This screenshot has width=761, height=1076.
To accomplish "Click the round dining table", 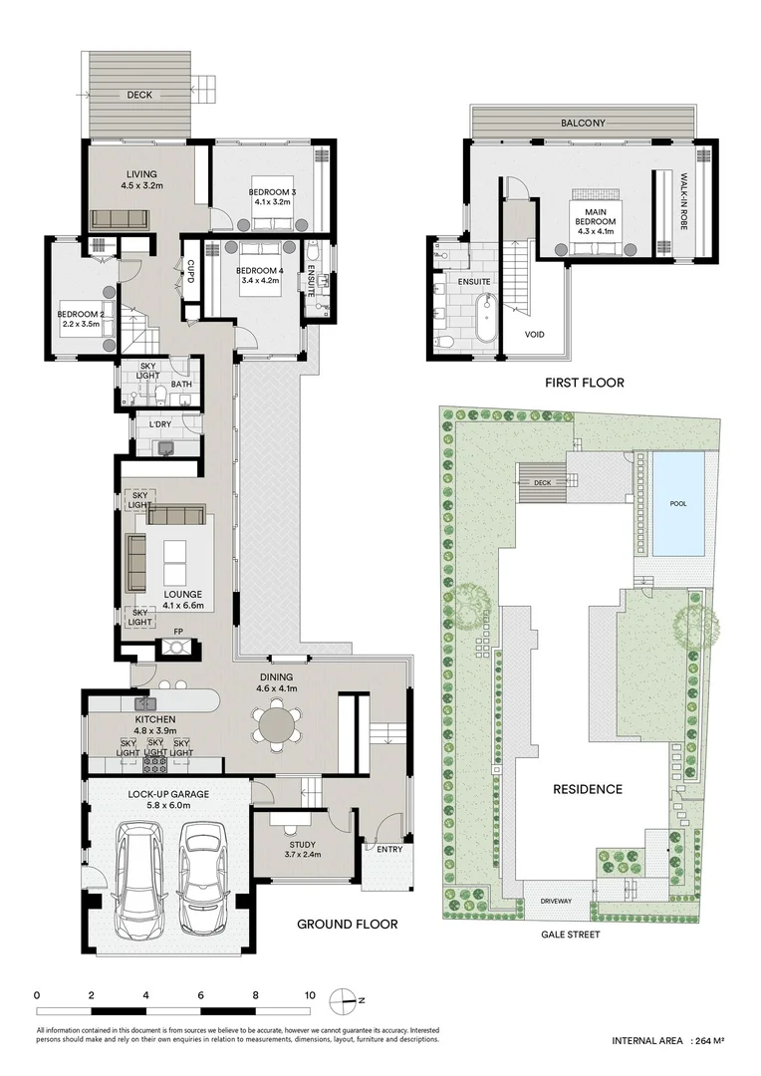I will pyautogui.click(x=276, y=724).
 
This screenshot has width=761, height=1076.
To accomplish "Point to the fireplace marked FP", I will pyautogui.click(x=177, y=647).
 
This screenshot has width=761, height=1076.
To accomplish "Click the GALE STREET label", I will pyautogui.click(x=570, y=936).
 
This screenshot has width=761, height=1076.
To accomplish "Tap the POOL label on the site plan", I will pyautogui.click(x=677, y=504).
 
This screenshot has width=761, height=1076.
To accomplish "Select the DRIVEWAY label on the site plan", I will pyautogui.click(x=556, y=901).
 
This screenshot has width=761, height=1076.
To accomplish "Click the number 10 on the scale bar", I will pyautogui.click(x=310, y=995).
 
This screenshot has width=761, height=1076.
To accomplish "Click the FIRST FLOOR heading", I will pyautogui.click(x=583, y=382).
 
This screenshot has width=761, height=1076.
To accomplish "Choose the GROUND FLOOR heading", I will pyautogui.click(x=348, y=925).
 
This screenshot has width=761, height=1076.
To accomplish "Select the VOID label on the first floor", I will pyautogui.click(x=534, y=334).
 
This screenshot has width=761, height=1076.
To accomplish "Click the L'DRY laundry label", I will pyautogui.click(x=162, y=425).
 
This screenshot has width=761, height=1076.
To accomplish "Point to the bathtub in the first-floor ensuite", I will pyautogui.click(x=485, y=318).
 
